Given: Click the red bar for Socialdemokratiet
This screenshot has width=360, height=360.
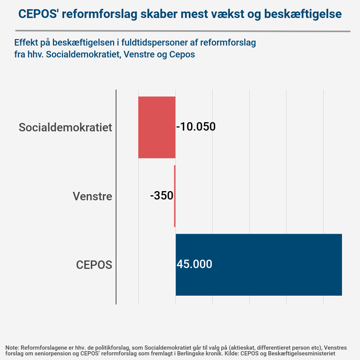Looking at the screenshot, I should coord(157,127).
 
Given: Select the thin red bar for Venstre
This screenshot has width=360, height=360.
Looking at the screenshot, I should coord(175,196).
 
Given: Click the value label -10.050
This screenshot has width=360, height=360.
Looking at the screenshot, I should coord(196,127).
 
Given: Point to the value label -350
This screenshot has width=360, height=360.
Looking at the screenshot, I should coord(162,196).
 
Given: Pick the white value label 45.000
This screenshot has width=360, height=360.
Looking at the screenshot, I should coord(194,264).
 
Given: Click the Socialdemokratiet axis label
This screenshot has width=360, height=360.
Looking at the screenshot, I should coord(65,127).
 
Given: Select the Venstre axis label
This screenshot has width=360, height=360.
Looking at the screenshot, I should coord(92,196).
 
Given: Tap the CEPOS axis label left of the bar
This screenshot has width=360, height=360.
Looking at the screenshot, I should coord(94,265).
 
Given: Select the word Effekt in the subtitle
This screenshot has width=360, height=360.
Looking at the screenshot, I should coord(26,42).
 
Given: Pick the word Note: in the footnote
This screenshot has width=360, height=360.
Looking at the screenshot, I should coord(12,348).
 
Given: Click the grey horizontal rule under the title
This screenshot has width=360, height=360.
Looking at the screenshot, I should coord(183,31).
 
